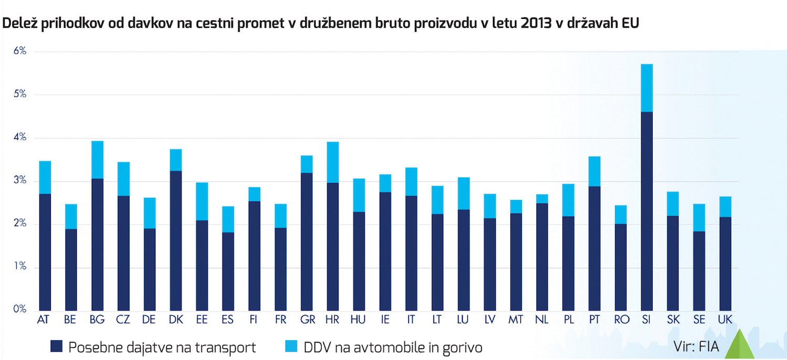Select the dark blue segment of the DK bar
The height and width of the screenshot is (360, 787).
tap(176, 240)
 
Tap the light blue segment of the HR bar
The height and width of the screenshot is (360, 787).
tap(333, 162)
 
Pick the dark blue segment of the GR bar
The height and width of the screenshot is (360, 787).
tap(306, 241)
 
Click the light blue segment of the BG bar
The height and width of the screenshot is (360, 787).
tap(97, 160)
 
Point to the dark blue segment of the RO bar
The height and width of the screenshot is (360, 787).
tap(621, 267)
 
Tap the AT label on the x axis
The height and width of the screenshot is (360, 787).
tap(45, 320)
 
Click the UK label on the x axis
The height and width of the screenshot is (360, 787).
tap(725, 320)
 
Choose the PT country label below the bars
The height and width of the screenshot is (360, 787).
tap(594, 320)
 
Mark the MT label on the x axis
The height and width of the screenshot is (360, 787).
tap(515, 320)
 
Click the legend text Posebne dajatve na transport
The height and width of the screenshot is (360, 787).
tap(162, 347)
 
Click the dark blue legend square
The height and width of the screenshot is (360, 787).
tap(57, 346)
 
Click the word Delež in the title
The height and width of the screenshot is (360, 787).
tap(19, 24)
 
